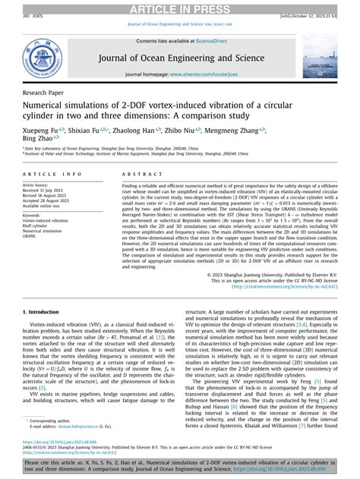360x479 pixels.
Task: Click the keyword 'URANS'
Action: (32, 238)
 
